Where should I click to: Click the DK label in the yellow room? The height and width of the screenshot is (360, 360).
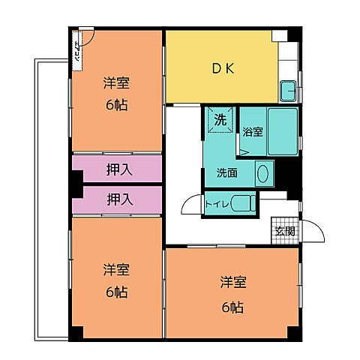(223, 68)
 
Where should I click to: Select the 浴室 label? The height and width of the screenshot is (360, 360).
(253, 132)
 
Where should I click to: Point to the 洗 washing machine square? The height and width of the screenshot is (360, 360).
(220, 120)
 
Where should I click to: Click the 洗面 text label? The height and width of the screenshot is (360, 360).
(228, 172)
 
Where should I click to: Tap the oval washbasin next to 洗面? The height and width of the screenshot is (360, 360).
(262, 174)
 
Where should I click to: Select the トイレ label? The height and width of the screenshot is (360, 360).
(217, 203)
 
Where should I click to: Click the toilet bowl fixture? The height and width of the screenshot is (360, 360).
(241, 203)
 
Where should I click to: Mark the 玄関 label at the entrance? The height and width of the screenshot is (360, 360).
(284, 230)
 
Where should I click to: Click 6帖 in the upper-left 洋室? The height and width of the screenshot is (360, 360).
(115, 104)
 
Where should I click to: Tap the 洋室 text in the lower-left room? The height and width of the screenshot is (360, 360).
(115, 269)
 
